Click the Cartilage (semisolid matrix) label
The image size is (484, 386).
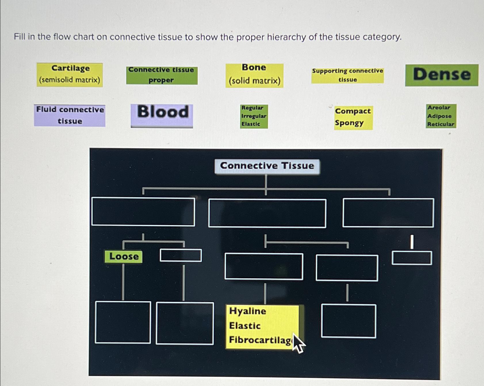(70, 75)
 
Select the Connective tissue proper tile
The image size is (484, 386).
(162, 75)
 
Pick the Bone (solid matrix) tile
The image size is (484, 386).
(255, 75)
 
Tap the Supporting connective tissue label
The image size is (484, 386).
(347, 75)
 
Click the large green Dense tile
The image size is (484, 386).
(442, 75)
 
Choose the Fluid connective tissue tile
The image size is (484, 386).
(70, 115)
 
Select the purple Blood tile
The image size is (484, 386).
(162, 115)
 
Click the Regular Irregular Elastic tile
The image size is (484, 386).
(254, 116)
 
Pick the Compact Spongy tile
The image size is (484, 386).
(353, 117)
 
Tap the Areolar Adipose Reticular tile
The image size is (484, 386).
(441, 116)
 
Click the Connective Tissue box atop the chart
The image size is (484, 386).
(267, 166)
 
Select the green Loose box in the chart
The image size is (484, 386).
(124, 256)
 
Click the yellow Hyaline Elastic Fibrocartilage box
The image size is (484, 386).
(263, 327)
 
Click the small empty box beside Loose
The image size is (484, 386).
(181, 255)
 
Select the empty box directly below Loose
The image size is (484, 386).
(123, 322)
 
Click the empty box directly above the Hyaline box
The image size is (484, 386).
(264, 266)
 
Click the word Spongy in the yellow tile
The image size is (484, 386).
(349, 123)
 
